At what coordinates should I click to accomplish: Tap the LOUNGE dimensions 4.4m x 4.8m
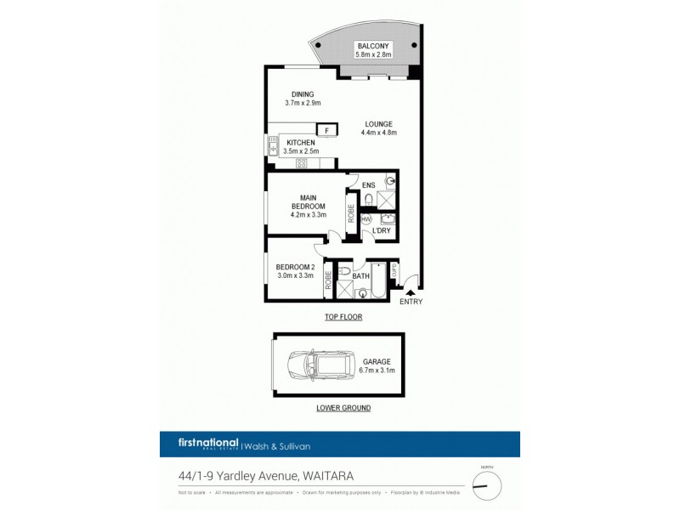pyautogui.click(x=379, y=133)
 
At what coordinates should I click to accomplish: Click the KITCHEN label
pyautogui.click(x=301, y=142)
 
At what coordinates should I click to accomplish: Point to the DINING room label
pyautogui.click(x=303, y=94)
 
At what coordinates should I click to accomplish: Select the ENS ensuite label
pyautogui.click(x=368, y=184)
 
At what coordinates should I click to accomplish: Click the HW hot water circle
pyautogui.click(x=365, y=219)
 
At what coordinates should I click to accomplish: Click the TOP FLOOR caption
pyautogui.click(x=343, y=317)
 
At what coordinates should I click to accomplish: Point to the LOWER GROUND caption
pyautogui.click(x=343, y=408)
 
